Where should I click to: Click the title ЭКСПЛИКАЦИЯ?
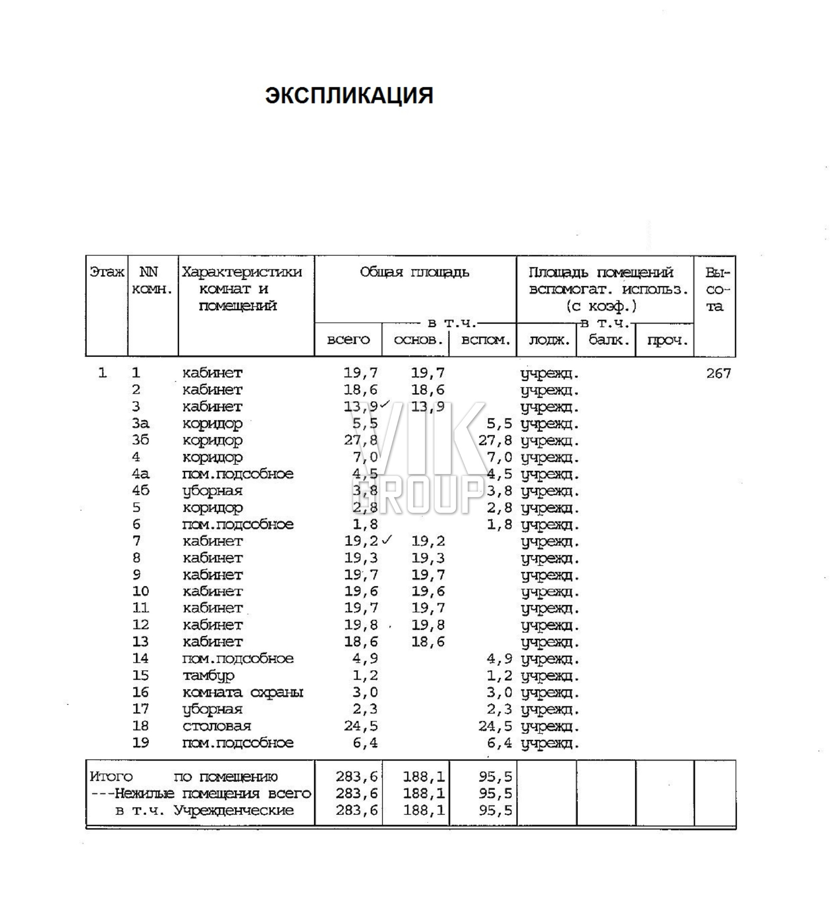(349, 96)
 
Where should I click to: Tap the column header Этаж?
(107, 272)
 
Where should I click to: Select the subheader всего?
(348, 340)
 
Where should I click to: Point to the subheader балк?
(609, 340)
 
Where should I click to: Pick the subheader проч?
(667, 340)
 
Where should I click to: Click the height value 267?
(718, 373)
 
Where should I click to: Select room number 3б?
(141, 440)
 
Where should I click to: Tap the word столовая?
(216, 726)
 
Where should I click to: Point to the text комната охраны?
(243, 692)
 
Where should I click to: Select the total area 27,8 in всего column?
(361, 440)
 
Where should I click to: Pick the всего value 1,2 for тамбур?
(365, 675)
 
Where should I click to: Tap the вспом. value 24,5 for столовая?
(495, 726)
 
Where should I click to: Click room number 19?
(141, 743)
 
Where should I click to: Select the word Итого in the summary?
(111, 776)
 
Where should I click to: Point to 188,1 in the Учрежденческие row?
(423, 810)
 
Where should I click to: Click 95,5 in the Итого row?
(495, 776)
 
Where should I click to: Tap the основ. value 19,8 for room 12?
(428, 625)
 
